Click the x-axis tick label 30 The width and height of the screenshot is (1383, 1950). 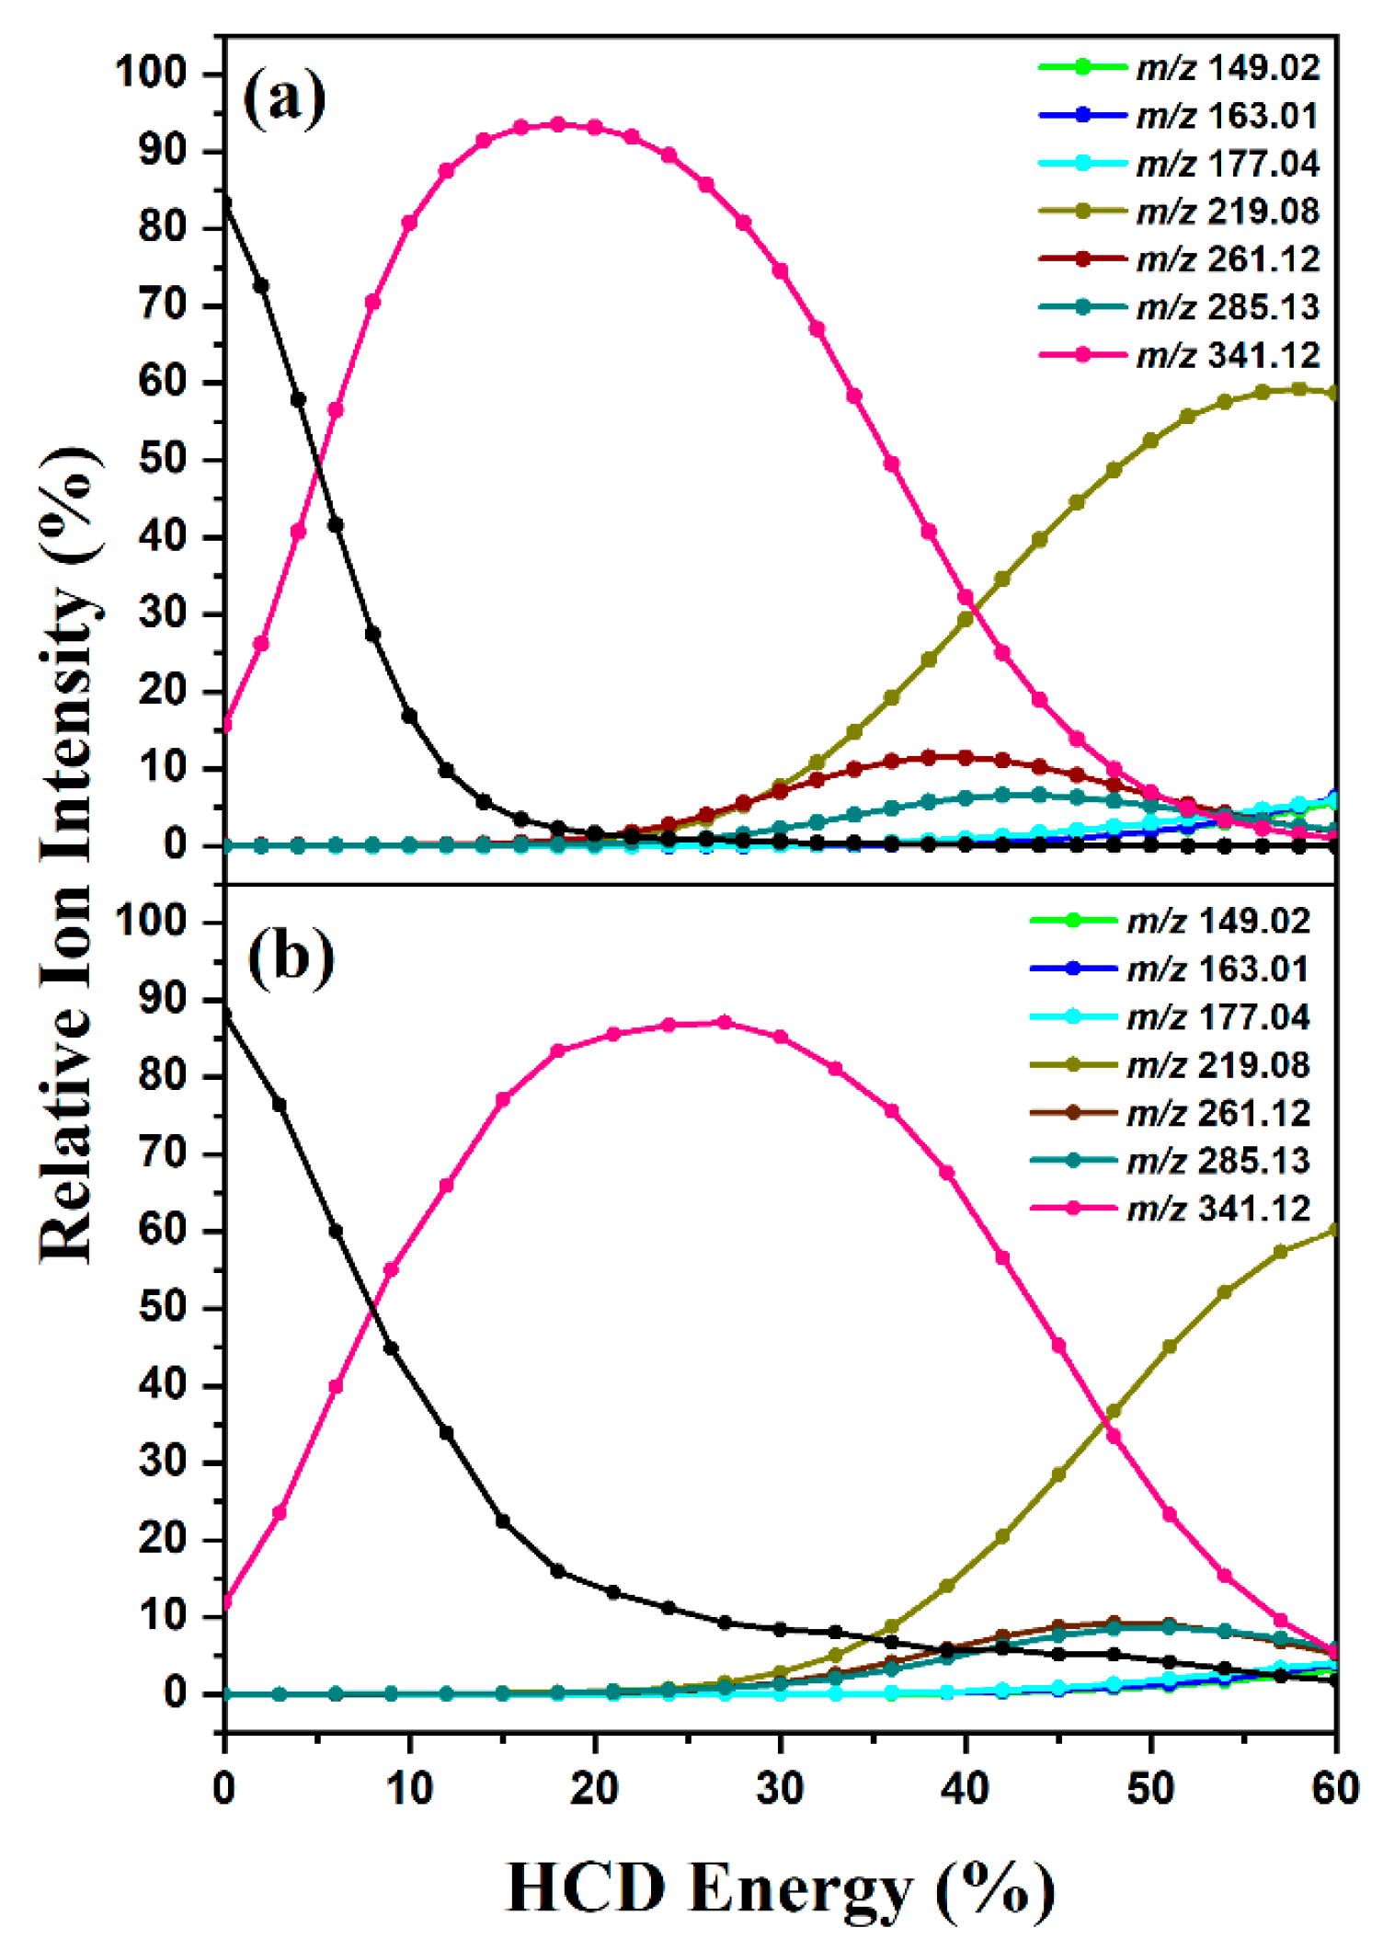(x=780, y=1788)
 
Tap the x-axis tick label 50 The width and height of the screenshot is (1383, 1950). (x=1150, y=1788)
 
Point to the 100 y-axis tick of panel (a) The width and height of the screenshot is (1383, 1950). (x=151, y=73)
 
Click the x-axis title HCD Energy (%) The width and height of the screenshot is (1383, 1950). (x=780, y=1888)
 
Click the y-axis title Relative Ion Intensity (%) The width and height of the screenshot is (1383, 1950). (x=69, y=855)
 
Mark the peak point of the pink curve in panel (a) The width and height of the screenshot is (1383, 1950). (x=557, y=124)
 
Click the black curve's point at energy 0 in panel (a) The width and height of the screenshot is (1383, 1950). (x=225, y=203)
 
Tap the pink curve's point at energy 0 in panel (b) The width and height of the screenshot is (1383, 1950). (x=225, y=1601)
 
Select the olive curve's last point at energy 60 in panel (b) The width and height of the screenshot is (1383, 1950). (x=1335, y=1230)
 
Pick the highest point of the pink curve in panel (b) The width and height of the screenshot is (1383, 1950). (x=725, y=1022)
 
